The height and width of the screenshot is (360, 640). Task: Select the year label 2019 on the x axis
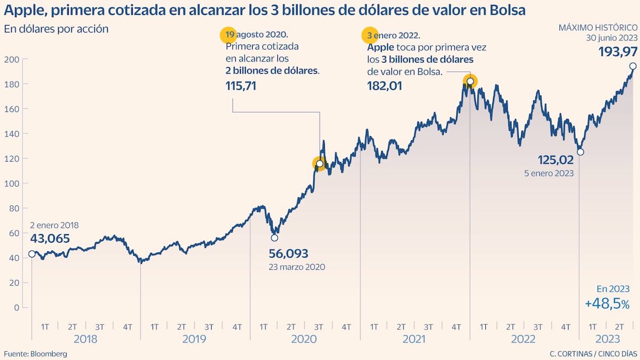pyautogui.click(x=195, y=339)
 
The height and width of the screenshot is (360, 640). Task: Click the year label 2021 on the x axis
pyautogui.click(x=415, y=339)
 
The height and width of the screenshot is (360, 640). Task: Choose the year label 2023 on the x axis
pyautogui.click(x=608, y=339)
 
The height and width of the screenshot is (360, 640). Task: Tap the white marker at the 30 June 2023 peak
pyautogui.click(x=633, y=66)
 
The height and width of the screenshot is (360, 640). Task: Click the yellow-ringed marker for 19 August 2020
pyautogui.click(x=319, y=164)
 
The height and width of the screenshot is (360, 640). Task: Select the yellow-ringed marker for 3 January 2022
pyautogui.click(x=470, y=81)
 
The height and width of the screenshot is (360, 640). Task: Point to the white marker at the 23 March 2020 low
pyautogui.click(x=275, y=237)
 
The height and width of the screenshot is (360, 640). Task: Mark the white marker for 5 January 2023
pyautogui.click(x=580, y=152)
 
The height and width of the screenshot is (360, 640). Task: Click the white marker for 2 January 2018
pyautogui.click(x=31, y=254)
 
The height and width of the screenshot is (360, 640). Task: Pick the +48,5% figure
pyautogui.click(x=607, y=304)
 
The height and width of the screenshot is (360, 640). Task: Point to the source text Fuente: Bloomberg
pyautogui.click(x=35, y=354)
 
